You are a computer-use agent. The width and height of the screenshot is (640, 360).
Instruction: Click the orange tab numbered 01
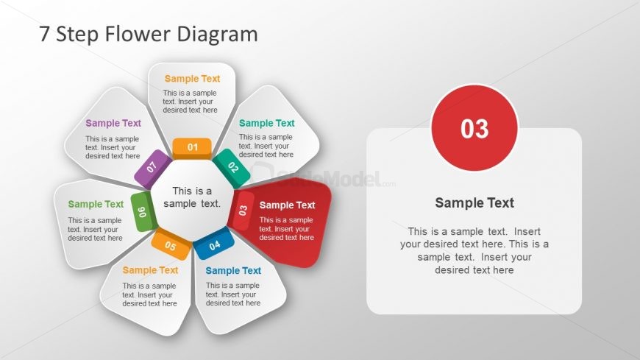click(x=192, y=147)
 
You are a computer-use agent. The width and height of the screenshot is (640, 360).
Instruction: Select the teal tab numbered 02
click(x=232, y=166)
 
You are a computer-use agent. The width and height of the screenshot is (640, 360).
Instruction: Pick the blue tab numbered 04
click(x=214, y=244)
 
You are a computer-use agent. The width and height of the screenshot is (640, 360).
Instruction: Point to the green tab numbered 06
click(x=142, y=212)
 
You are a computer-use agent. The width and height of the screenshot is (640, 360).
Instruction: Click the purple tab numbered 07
click(x=152, y=167)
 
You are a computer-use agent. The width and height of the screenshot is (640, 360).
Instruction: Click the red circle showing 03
click(x=474, y=128)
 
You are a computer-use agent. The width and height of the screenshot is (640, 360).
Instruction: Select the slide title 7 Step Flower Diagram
click(x=149, y=34)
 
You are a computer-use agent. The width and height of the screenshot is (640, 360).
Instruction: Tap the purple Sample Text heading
click(x=113, y=124)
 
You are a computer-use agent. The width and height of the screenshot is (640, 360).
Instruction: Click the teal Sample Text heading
click(x=266, y=123)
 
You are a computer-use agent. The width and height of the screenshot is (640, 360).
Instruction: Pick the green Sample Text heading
click(x=96, y=205)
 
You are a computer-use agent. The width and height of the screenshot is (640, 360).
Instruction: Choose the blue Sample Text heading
click(x=233, y=270)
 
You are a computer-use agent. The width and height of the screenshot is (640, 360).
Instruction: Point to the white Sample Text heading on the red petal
click(x=287, y=205)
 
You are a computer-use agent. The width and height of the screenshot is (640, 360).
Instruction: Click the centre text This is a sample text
click(x=192, y=197)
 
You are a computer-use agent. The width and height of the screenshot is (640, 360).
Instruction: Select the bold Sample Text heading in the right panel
click(x=474, y=203)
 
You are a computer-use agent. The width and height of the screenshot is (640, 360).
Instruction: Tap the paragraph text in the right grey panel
click(x=474, y=250)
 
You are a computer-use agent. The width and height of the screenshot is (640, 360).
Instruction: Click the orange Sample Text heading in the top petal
click(x=192, y=79)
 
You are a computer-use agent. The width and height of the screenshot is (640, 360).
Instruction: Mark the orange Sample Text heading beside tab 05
click(x=150, y=270)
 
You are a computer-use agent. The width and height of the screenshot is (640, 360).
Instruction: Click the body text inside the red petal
click(x=287, y=228)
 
